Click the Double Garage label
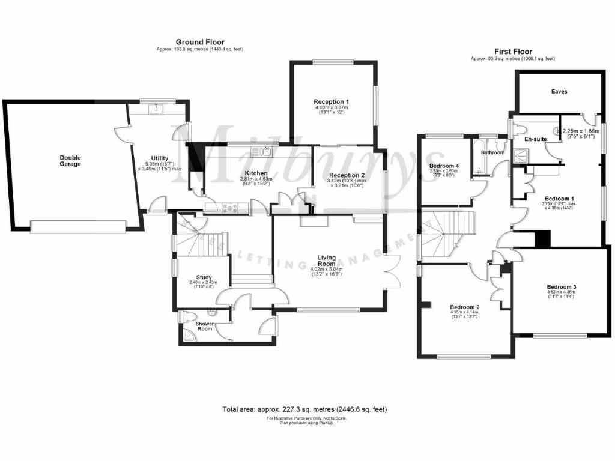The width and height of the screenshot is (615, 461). click(70, 161)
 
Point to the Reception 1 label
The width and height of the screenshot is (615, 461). click(331, 101)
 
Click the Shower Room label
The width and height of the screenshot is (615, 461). click(205, 327)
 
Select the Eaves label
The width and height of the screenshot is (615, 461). click(559, 92)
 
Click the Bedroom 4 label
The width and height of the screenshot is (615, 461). click(444, 165)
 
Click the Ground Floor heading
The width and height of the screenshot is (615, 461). click(200, 42)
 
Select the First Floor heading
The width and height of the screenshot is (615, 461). click(513, 52)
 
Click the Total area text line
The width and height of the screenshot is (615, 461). click(304, 409)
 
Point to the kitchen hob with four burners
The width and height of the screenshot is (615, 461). click(229, 208)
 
